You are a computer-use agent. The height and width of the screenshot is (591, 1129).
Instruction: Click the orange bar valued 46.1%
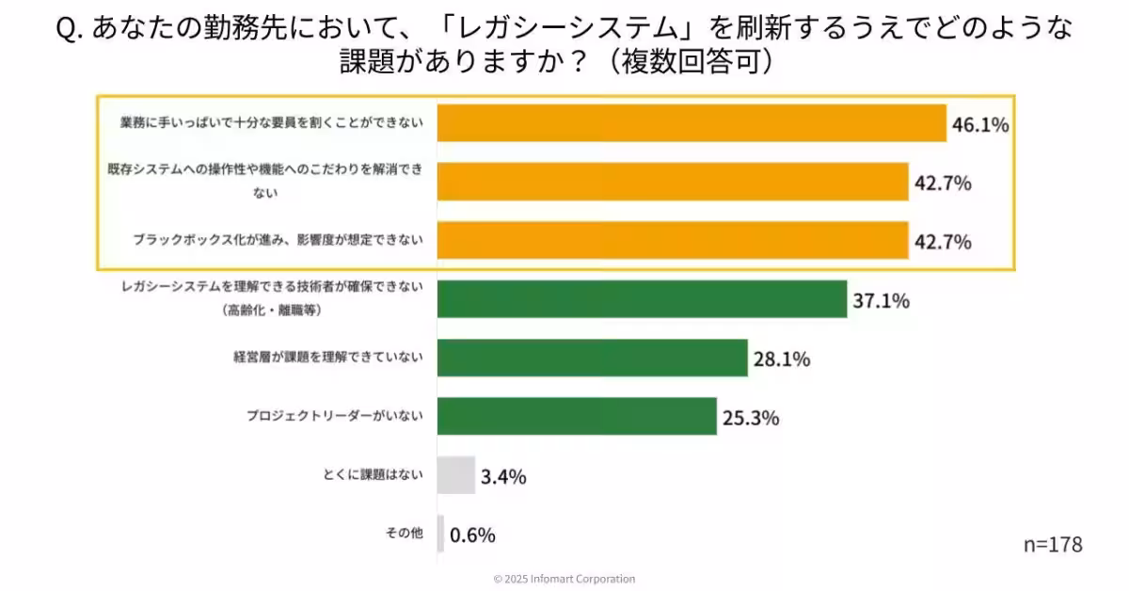pyautogui.click(x=692, y=123)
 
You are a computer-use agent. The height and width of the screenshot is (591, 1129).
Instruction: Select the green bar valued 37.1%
pyautogui.click(x=642, y=299)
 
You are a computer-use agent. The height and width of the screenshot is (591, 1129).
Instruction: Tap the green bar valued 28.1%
pyautogui.click(x=592, y=358)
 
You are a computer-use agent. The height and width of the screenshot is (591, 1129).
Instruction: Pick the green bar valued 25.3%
pyautogui.click(x=577, y=416)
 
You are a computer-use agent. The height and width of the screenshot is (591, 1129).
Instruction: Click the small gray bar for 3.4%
pyautogui.click(x=455, y=475)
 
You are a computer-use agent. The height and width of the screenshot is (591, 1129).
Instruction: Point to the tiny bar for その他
pyautogui.click(x=440, y=534)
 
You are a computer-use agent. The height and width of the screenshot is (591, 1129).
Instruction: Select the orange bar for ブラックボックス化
pyautogui.click(x=673, y=241)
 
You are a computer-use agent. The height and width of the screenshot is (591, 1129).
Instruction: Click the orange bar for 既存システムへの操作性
pyautogui.click(x=673, y=182)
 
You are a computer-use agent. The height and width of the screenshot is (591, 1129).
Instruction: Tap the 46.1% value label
pyautogui.click(x=979, y=124)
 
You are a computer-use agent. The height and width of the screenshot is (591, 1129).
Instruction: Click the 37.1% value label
pyautogui.click(x=881, y=301)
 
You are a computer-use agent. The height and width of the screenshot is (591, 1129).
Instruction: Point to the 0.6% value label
pyautogui.click(x=472, y=535)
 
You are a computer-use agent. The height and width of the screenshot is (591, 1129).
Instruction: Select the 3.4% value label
pyautogui.click(x=503, y=477)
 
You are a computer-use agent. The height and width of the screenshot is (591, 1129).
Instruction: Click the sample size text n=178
pyautogui.click(x=1053, y=545)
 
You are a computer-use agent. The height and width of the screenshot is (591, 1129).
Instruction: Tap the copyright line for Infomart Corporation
pyautogui.click(x=564, y=579)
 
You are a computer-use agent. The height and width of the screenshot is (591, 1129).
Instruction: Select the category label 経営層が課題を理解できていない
pyautogui.click(x=328, y=357)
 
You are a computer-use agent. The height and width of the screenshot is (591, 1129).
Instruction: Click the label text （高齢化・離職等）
pyautogui.click(x=273, y=310)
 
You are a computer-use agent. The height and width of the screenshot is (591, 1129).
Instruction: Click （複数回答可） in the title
pyautogui.click(x=692, y=62)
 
